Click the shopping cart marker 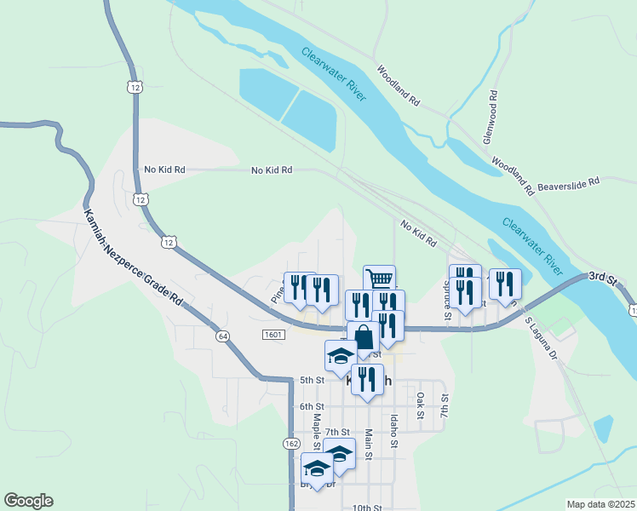click(380, 278)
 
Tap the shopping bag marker click(364, 336)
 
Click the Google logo click(28, 501)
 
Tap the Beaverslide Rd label click(569, 181)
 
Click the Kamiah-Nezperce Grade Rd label click(134, 258)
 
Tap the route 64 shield click(222, 336)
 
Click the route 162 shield click(292, 444)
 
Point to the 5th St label click(313, 380)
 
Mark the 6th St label click(313, 406)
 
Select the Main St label click(369, 443)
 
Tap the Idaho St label click(393, 431)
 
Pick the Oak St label click(420, 400)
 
